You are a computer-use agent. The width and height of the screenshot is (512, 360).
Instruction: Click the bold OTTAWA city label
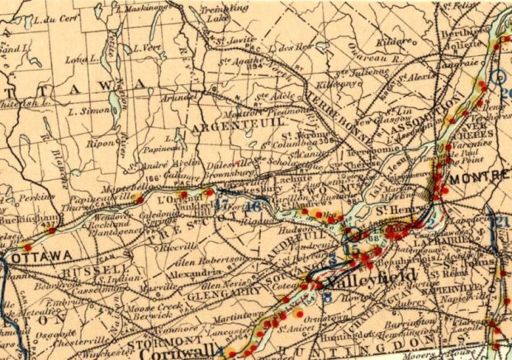pos(42,258)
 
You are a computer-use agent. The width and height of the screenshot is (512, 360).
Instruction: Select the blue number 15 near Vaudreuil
pos(353,247)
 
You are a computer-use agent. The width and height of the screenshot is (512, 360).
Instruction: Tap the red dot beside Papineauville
pos(139,199)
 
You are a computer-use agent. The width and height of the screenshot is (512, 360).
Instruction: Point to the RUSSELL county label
pos(80,271)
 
